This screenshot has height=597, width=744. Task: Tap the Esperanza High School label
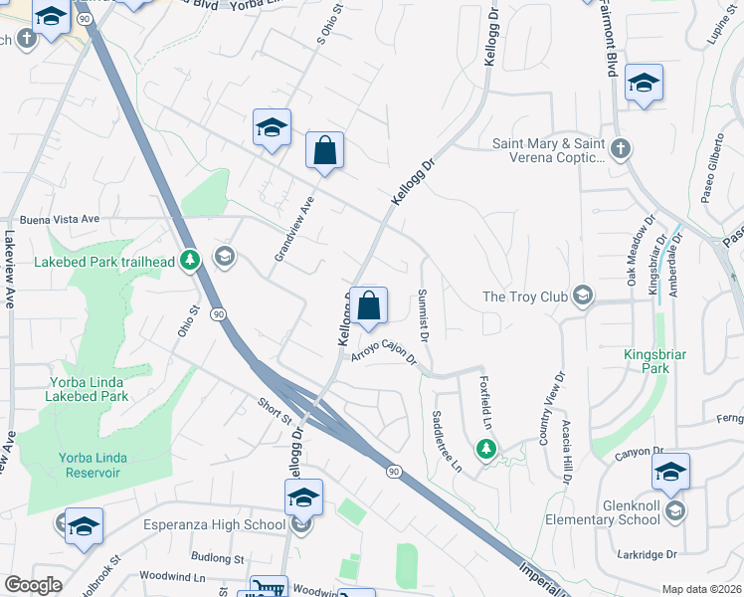tap(214, 525)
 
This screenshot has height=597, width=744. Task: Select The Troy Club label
tap(522, 297)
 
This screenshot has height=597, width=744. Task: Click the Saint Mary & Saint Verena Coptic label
tap(549, 150)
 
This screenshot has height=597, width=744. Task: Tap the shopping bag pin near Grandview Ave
tap(324, 152)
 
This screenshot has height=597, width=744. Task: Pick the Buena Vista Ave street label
tap(60, 219)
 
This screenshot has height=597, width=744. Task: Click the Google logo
tap(33, 585)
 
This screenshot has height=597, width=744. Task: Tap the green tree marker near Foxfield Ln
tap(486, 450)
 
